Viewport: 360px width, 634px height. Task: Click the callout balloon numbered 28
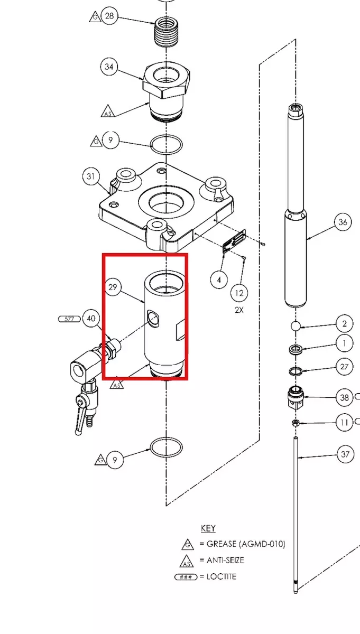tap(109, 16)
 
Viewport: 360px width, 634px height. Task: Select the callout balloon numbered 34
tap(109, 67)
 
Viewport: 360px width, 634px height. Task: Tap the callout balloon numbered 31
tap(91, 176)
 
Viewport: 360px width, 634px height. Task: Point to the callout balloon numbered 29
tap(113, 287)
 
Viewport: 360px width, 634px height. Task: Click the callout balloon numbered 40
tap(91, 319)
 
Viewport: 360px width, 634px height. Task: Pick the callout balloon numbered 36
tap(343, 222)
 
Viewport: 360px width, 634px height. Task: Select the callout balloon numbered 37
tap(345, 454)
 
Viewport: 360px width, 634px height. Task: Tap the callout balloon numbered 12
tap(239, 293)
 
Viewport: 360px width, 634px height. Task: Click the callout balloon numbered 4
tap(219, 280)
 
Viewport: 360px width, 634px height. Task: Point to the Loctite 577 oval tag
tap(69, 319)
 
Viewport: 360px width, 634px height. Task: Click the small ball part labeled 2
tap(296, 325)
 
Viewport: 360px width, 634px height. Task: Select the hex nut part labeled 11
tap(295, 423)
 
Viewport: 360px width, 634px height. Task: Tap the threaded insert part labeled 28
tap(167, 32)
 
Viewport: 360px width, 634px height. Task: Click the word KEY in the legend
tap(208, 528)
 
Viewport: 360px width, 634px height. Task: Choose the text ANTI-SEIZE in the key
tap(225, 560)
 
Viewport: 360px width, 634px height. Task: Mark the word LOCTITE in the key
tap(221, 576)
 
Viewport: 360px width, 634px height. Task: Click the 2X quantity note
tap(239, 310)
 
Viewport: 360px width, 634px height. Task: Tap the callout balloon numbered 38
tap(345, 397)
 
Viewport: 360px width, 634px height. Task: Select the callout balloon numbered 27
tap(345, 367)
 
